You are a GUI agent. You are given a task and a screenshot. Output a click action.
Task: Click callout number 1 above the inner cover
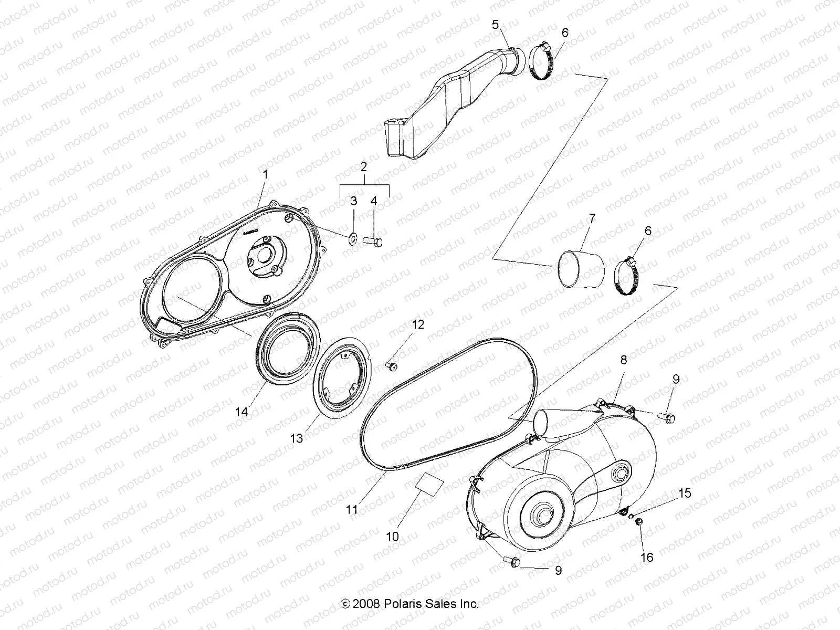tap(265, 174)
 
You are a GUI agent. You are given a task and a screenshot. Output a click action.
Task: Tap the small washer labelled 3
tap(353, 239)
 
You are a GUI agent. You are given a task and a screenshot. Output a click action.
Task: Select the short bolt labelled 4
tap(373, 242)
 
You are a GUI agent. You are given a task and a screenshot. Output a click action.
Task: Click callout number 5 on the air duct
tap(496, 24)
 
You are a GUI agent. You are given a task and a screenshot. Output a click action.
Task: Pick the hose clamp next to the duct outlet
tap(541, 62)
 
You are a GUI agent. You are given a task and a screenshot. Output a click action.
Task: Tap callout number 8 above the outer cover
tap(623, 360)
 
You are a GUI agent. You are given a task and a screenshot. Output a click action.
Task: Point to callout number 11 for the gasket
tap(352, 509)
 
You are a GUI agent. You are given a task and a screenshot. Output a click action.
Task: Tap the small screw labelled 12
tap(392, 365)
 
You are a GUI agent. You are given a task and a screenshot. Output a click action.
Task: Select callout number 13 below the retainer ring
tap(297, 438)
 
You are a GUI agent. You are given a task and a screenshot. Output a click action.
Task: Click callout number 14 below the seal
tap(241, 412)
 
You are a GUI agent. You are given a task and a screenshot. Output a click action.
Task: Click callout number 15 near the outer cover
tap(685, 493)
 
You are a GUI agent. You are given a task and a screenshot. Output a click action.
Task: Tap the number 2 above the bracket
tap(363, 167)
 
